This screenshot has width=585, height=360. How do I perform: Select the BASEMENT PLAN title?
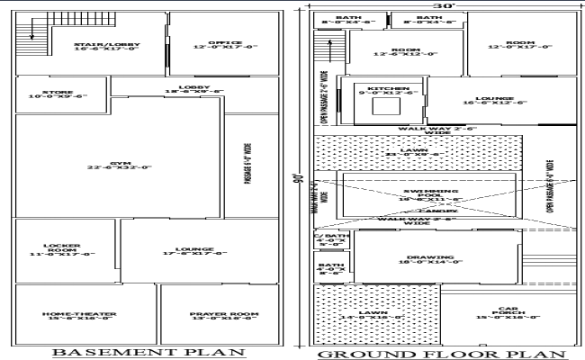[148, 353]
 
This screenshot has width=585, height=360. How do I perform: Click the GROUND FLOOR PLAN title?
[441, 353]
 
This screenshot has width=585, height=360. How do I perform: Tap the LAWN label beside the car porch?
[376, 315]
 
